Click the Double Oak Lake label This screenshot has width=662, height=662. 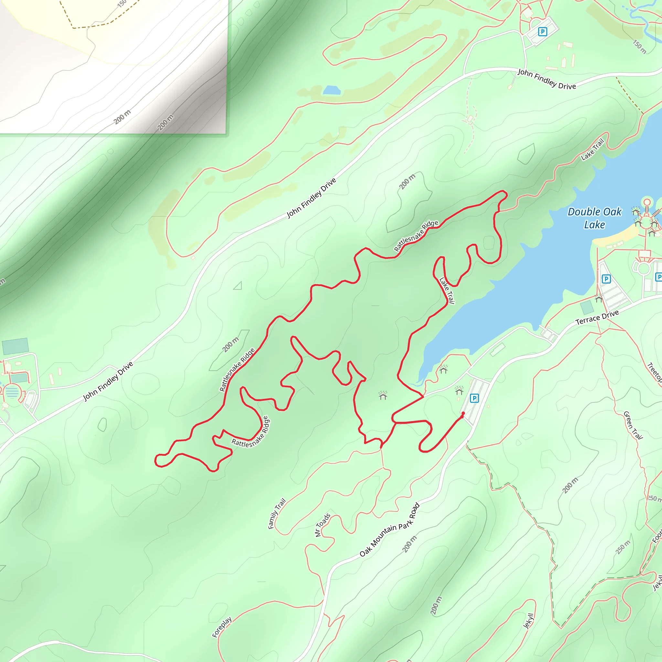(x=594, y=218)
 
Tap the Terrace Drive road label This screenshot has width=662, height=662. (x=597, y=317)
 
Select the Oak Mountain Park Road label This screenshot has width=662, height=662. (x=390, y=530)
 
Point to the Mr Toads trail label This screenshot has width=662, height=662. (x=322, y=525)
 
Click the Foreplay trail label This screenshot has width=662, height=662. (x=222, y=627)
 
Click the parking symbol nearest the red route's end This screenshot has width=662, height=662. (x=474, y=398)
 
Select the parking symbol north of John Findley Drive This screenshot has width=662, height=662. (x=542, y=32)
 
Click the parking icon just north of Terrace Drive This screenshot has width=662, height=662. (x=606, y=279)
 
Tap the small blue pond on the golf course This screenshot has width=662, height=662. (x=332, y=91)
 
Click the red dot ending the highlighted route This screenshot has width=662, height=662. (x=463, y=413)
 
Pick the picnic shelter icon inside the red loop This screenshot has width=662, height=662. (x=383, y=396)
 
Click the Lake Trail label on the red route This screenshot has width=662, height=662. (x=447, y=291)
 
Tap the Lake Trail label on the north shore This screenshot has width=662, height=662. (x=593, y=149)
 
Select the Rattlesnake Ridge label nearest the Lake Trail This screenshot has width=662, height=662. (x=416, y=236)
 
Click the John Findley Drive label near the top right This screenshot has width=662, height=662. (x=547, y=79)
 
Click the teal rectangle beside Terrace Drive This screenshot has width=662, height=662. (x=587, y=307)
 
